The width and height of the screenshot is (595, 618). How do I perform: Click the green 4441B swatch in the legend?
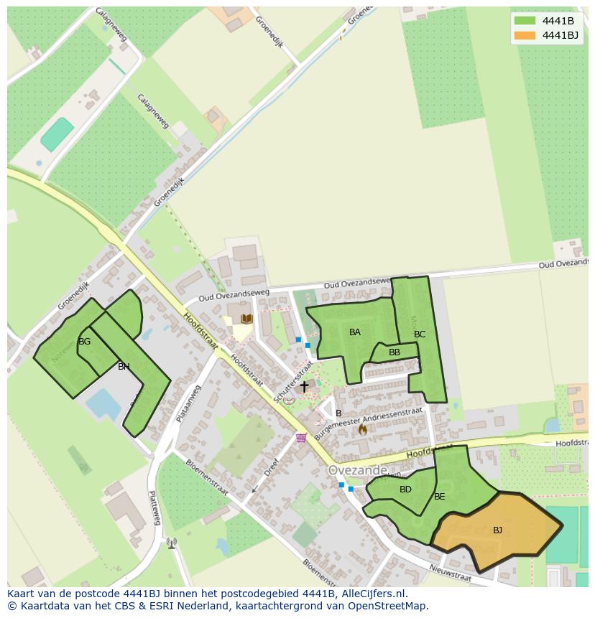click(525, 21)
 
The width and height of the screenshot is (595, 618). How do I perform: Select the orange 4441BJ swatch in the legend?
click(525, 35)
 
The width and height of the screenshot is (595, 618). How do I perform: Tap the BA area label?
click(355, 332)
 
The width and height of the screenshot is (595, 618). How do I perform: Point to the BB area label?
click(395, 352)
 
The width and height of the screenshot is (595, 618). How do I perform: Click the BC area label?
click(420, 334)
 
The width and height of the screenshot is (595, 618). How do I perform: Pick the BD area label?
click(405, 490)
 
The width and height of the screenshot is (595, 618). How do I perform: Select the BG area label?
click(84, 342)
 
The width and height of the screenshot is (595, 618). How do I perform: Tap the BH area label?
click(124, 367)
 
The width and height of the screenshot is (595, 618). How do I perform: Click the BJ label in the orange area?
click(497, 530)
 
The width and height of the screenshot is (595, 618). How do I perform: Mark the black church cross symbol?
click(304, 386)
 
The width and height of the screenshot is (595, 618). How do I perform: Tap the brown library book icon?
click(246, 319)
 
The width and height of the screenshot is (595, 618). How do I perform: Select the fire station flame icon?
click(362, 429)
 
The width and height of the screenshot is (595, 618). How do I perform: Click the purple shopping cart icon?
click(300, 438)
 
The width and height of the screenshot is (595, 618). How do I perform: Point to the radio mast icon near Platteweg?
click(171, 543)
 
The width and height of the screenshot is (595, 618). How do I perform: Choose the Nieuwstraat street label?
click(451, 571)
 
